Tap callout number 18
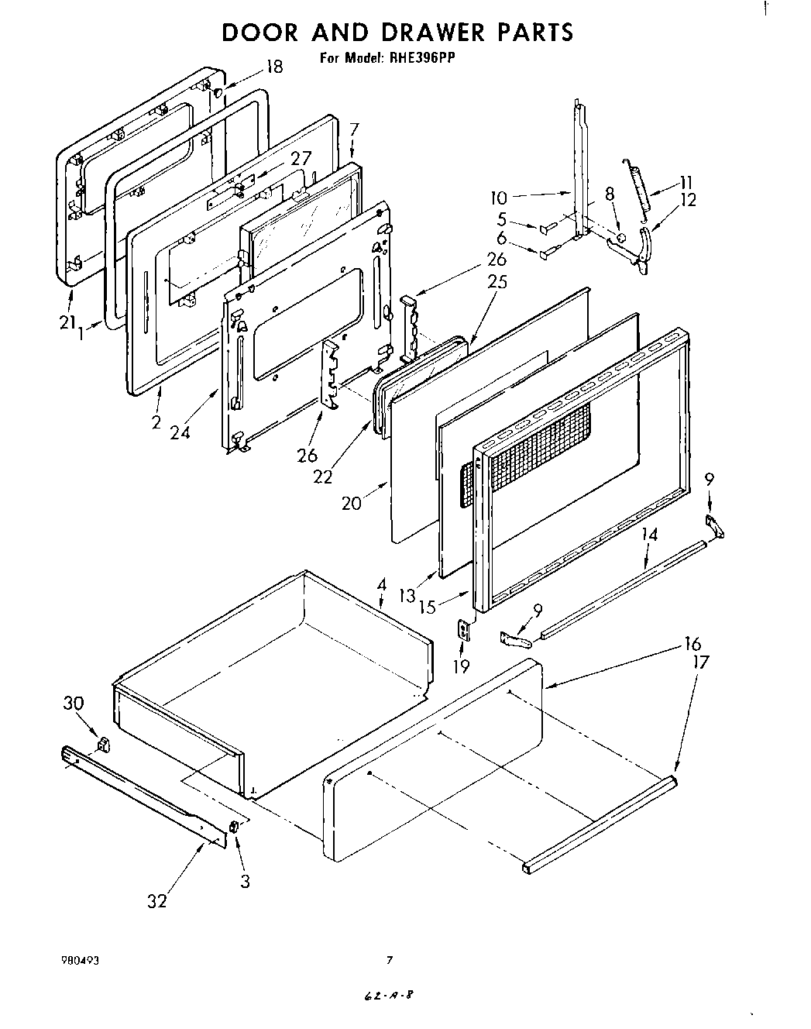pyautogui.click(x=274, y=67)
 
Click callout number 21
pyautogui.click(x=67, y=322)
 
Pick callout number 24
pyautogui.click(x=180, y=432)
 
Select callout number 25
pyautogui.click(x=497, y=281)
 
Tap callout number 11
pyautogui.click(x=686, y=182)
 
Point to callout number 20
pyautogui.click(x=352, y=503)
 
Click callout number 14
pyautogui.click(x=649, y=534)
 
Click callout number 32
pyautogui.click(x=156, y=901)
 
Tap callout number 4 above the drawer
pyautogui.click(x=381, y=583)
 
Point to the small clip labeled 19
pyautogui.click(x=464, y=631)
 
